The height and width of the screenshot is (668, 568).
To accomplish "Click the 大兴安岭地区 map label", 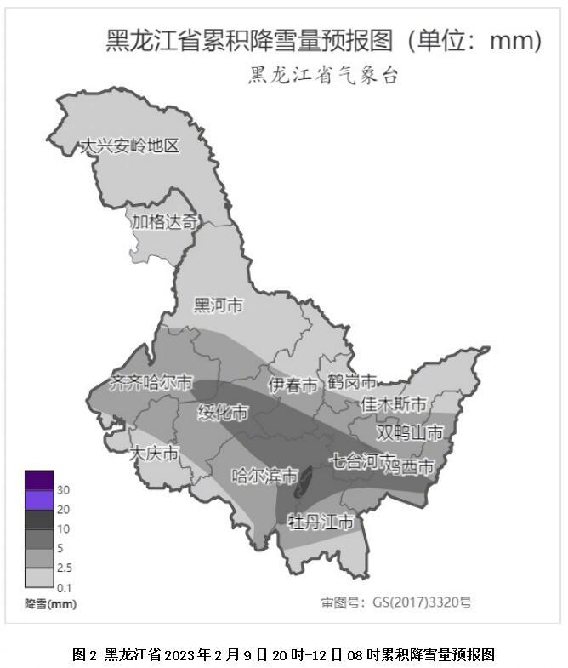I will click(129, 146).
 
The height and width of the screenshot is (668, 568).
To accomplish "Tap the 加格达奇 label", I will click(164, 222).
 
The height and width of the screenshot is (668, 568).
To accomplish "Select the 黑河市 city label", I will click(219, 305).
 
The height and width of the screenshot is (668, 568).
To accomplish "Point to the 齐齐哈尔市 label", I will click(151, 383).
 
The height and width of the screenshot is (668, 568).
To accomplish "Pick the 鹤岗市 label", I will click(352, 382).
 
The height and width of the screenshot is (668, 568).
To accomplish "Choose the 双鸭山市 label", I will click(410, 433).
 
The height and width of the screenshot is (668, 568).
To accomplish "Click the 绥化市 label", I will click(223, 413).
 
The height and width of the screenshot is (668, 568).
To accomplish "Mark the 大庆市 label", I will click(154, 454).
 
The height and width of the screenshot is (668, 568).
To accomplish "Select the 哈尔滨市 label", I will click(265, 476).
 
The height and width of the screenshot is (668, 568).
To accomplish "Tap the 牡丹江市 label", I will click(320, 521).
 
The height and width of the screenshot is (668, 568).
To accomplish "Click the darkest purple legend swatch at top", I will click(39, 480).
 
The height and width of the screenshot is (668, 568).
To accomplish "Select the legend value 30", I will click(63, 490).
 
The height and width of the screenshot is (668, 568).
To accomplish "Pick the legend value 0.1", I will click(64, 588).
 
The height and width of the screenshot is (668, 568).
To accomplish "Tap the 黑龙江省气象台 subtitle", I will click(323, 76).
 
